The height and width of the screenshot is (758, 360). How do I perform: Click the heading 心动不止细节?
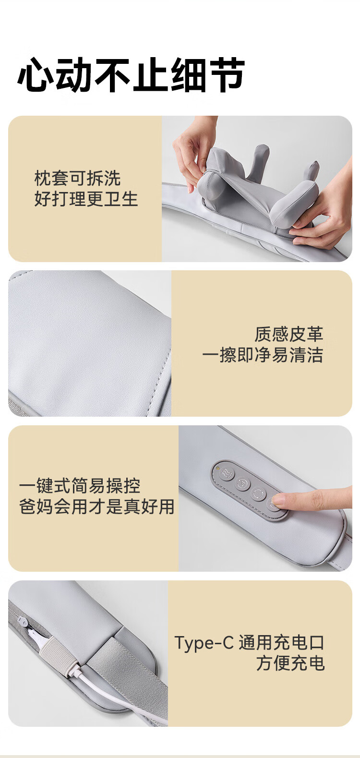131,74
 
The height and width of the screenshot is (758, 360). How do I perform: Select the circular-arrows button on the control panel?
259,493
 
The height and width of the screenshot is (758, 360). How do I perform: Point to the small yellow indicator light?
217,469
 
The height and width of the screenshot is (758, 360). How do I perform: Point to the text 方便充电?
290,663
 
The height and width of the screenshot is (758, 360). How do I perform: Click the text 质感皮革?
288,334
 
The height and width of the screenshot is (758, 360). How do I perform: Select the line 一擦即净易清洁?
263,355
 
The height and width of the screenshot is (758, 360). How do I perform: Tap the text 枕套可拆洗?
77,178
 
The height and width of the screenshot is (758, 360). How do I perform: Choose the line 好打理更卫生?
86,199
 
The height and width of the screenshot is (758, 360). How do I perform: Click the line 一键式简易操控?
80,486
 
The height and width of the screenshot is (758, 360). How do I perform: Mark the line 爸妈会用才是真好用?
97,506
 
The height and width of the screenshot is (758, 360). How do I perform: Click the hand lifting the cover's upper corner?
193,149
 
